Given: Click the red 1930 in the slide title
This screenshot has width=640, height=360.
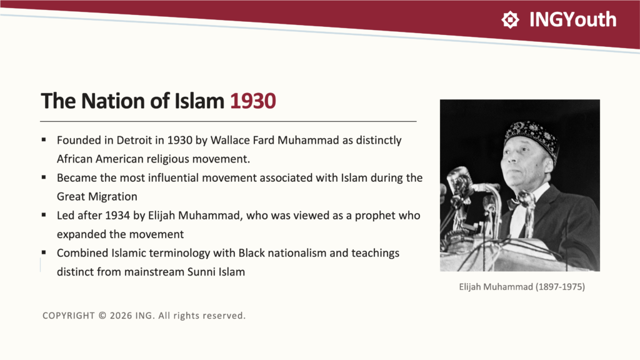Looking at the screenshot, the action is (x=253, y=101).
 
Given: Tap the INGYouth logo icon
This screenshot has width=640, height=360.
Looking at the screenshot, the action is (x=510, y=19).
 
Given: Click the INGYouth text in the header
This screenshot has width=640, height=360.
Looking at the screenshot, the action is (x=572, y=19).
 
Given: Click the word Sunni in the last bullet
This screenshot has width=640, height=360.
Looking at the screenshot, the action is (x=199, y=272).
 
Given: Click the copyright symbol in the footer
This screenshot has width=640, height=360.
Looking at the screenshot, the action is (x=102, y=316).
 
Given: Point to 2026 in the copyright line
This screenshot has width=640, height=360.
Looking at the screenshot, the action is (x=121, y=316).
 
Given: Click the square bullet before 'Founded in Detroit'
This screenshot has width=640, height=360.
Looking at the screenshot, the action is (x=44, y=140).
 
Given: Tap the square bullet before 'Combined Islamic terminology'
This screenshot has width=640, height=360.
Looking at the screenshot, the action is (x=44, y=252).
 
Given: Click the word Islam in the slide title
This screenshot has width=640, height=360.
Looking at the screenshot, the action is (x=199, y=101).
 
